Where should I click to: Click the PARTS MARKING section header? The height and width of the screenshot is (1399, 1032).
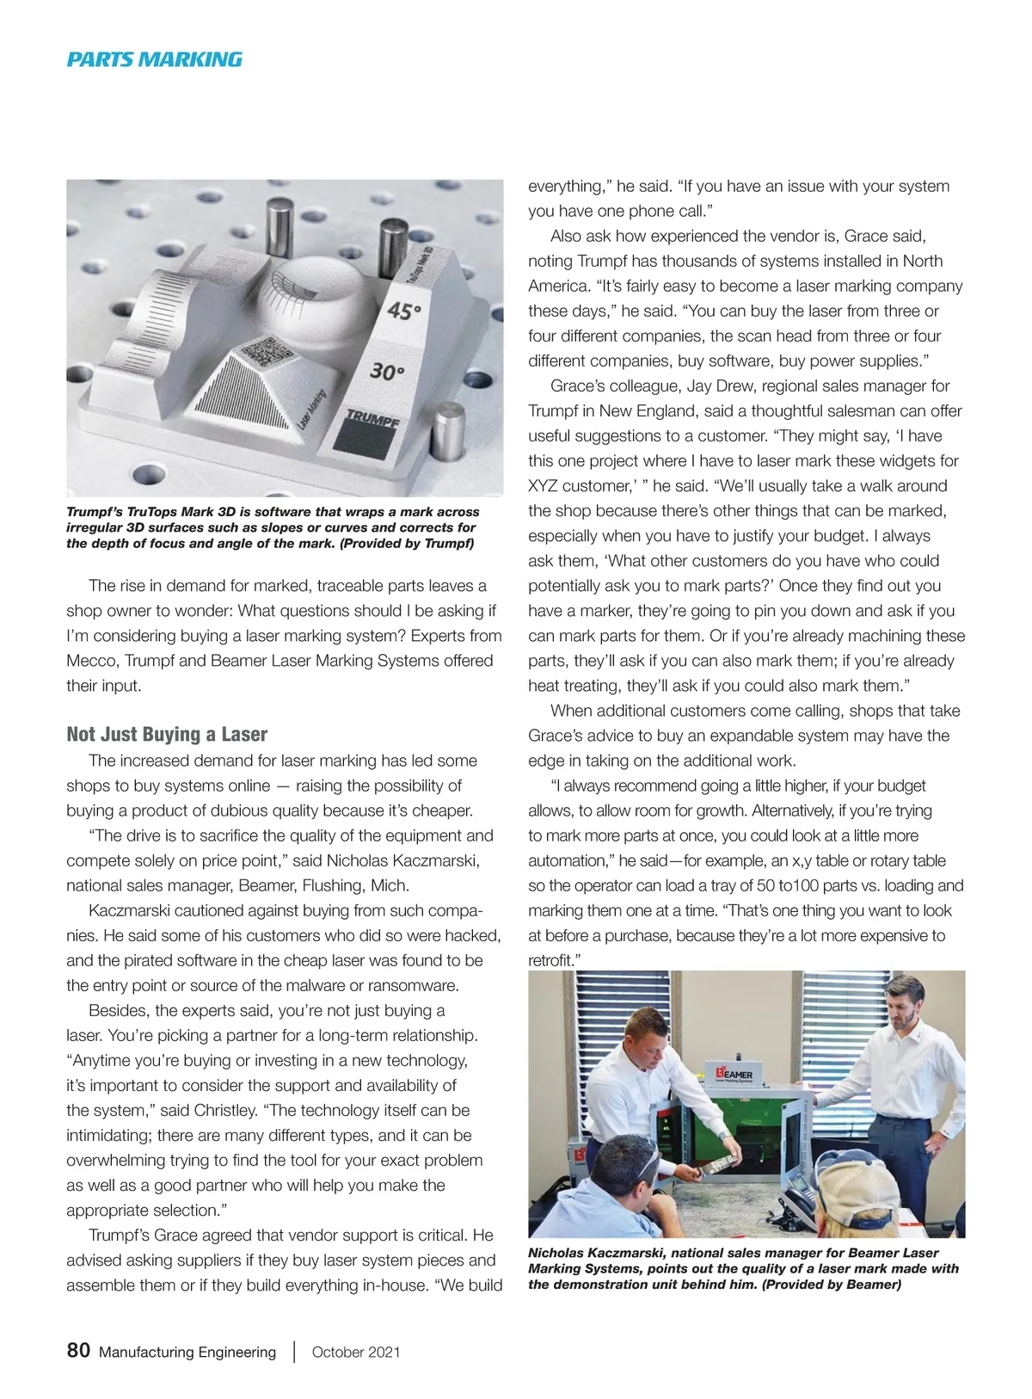[155, 59]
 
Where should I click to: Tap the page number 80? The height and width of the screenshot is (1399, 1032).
[78, 1350]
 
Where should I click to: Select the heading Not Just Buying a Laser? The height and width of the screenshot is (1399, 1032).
[167, 734]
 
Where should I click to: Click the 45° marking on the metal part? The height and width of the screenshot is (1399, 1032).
[402, 310]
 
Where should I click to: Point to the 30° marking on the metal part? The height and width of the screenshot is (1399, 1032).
[386, 372]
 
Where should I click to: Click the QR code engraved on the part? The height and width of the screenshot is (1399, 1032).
[263, 353]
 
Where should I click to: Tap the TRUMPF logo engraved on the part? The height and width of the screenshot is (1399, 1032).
[372, 419]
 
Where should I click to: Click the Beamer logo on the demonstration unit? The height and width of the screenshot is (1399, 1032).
[734, 1075]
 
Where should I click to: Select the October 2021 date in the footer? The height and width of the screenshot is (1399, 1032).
[356, 1352]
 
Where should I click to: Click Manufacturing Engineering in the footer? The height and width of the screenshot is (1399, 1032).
[187, 1352]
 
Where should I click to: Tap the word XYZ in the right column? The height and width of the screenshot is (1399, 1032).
[544, 485]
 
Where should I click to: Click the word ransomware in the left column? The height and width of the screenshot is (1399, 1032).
[410, 985]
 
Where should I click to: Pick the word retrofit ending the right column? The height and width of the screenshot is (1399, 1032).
[550, 960]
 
